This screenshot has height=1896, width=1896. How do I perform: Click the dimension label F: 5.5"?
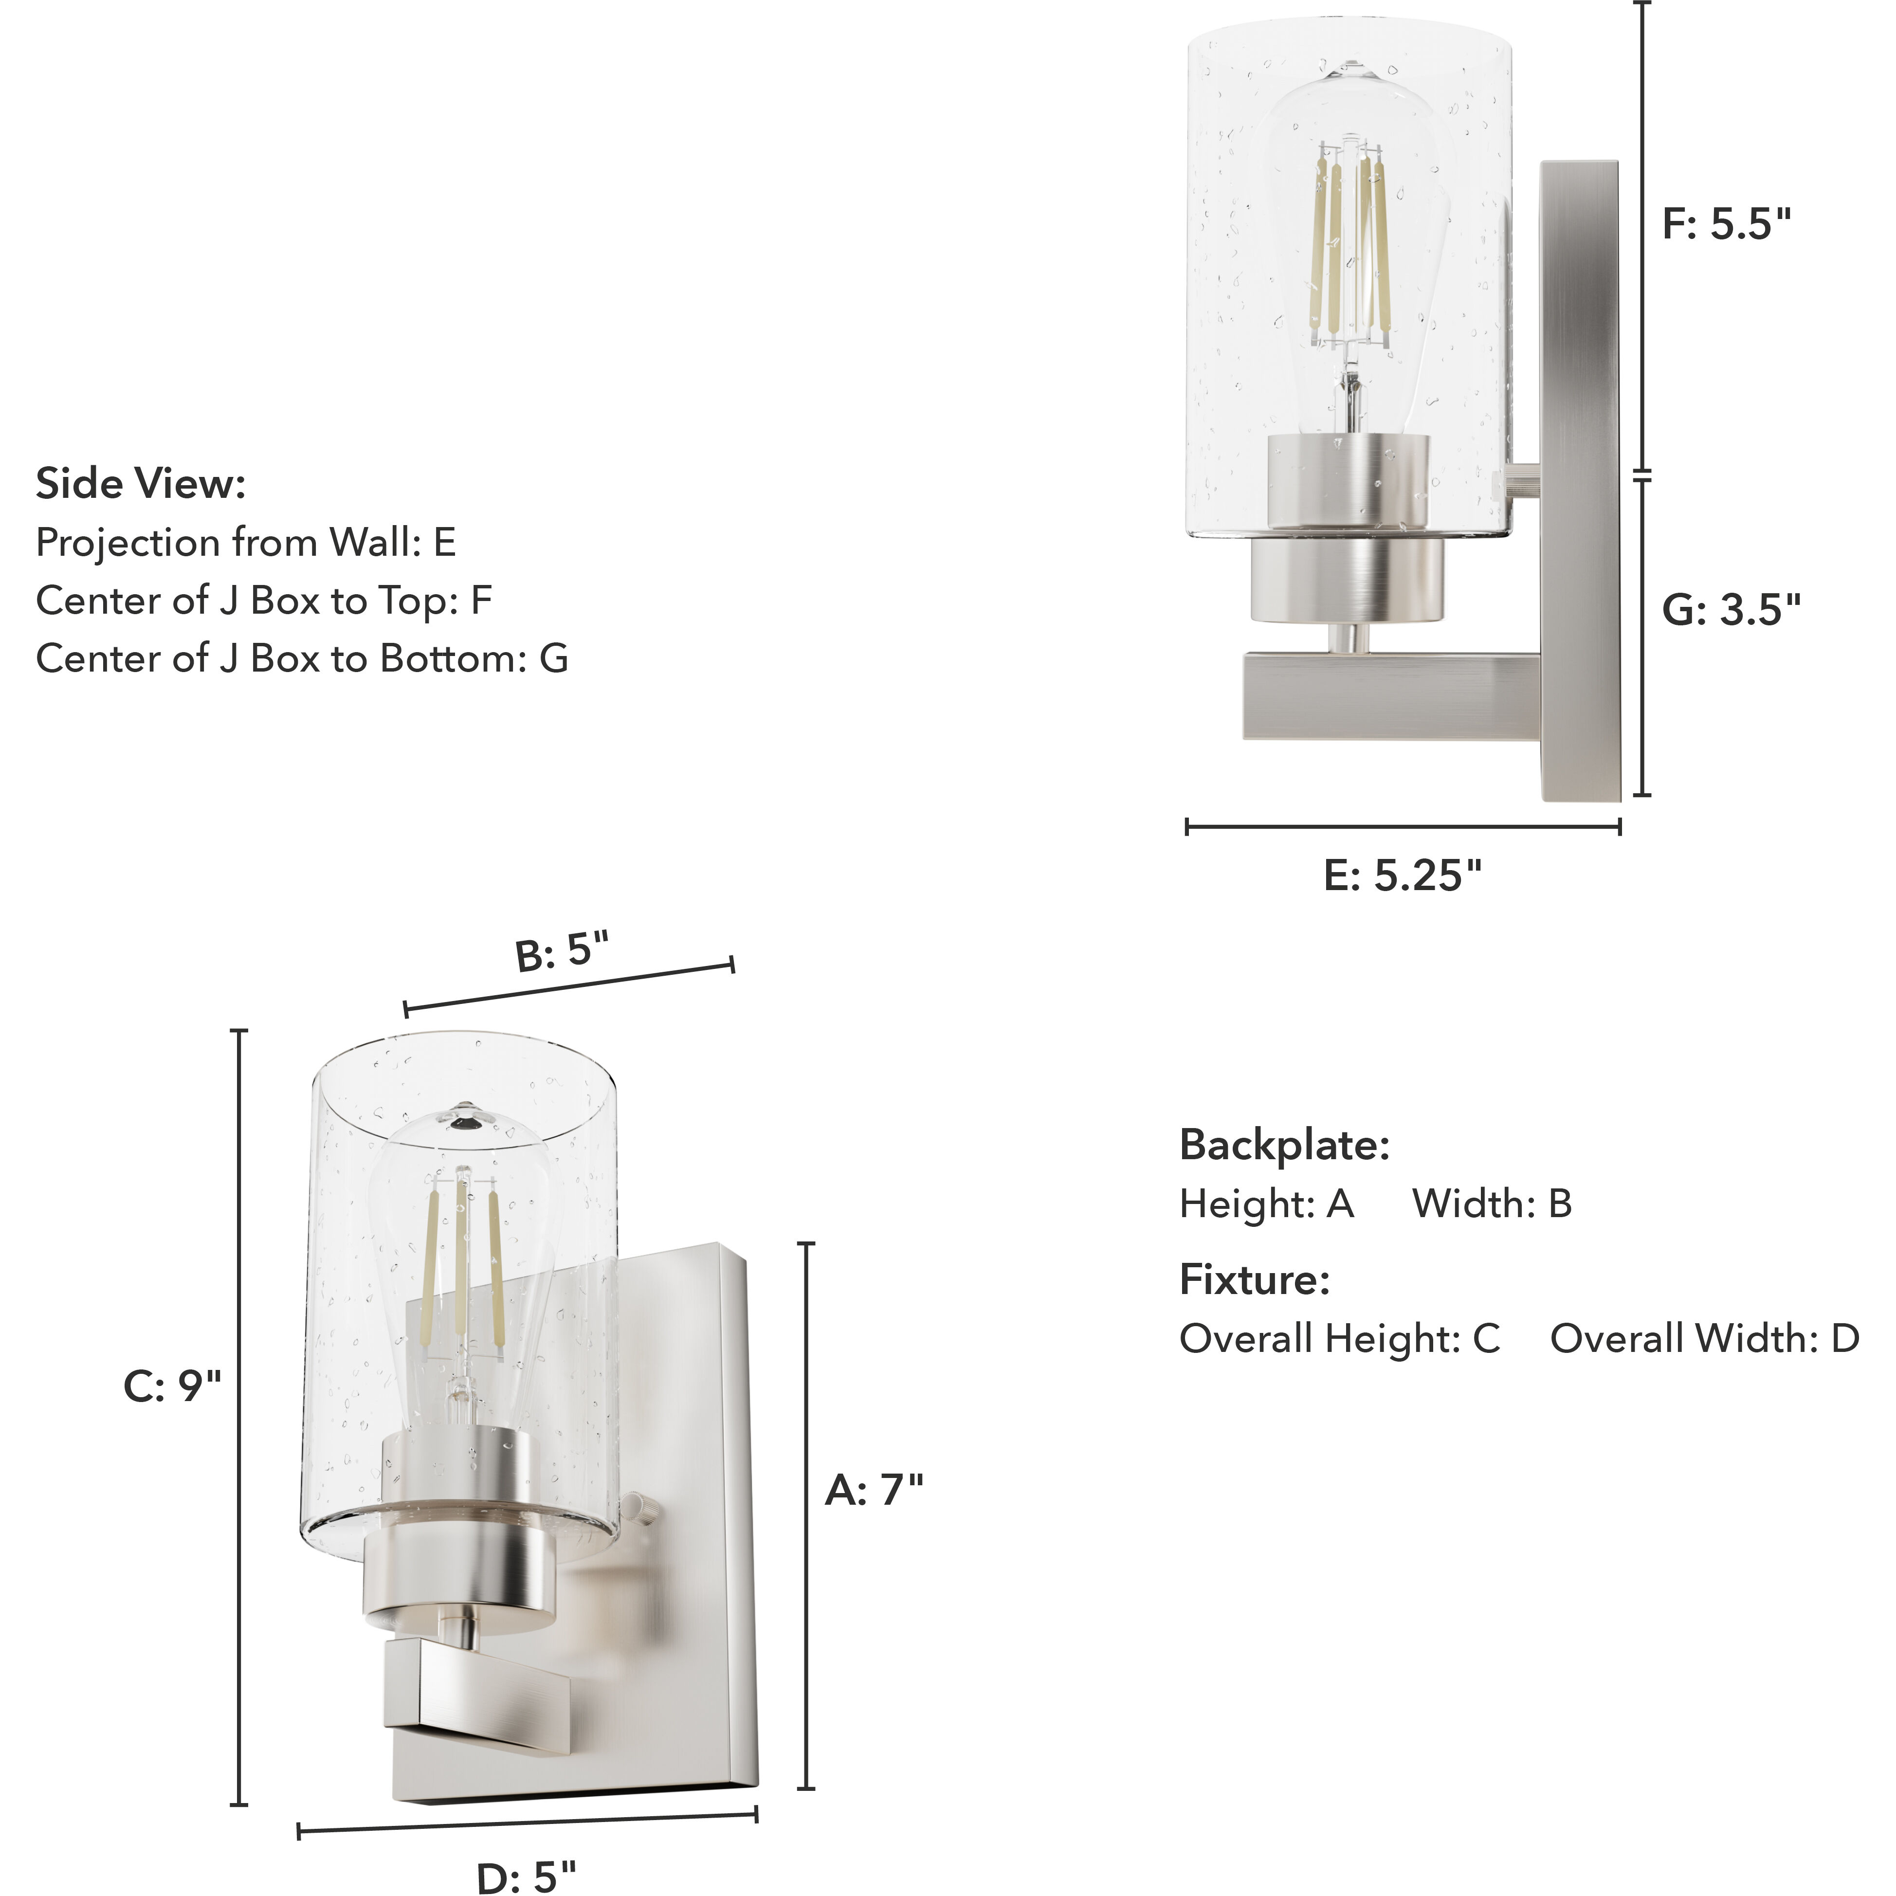pyautogui.click(x=1725, y=225)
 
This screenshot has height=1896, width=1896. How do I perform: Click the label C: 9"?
pyautogui.click(x=172, y=1386)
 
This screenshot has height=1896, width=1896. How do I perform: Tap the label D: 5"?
pyautogui.click(x=526, y=1876)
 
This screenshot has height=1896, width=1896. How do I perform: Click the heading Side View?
pyautogui.click(x=140, y=484)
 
